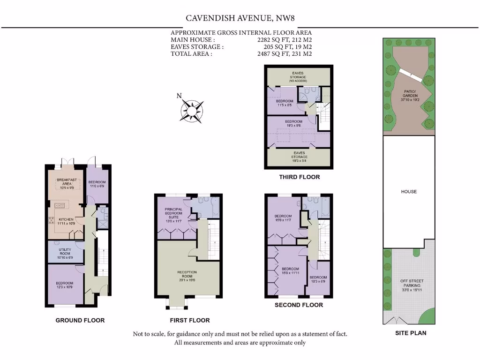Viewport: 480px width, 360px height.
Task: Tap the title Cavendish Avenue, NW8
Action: [x=240, y=18]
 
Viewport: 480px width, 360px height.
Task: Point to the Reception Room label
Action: [x=187, y=275]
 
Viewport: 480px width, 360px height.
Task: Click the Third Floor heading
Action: [x=299, y=177]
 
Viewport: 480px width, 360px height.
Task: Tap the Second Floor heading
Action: [x=299, y=305]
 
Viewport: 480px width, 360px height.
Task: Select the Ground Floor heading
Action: [x=80, y=320]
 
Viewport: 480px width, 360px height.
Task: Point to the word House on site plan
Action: [x=409, y=192]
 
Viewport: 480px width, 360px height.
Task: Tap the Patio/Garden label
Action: [x=410, y=95]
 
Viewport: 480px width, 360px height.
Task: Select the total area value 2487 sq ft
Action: [x=282, y=54]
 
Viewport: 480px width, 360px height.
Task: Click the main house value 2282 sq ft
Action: [x=282, y=40]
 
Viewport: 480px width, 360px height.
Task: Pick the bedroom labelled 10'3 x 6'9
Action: [x=318, y=279]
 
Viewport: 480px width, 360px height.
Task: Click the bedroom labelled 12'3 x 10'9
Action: [x=64, y=285]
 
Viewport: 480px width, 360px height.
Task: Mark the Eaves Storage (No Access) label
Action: [x=297, y=77]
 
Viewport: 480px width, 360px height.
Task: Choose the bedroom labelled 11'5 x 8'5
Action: [x=284, y=104]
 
